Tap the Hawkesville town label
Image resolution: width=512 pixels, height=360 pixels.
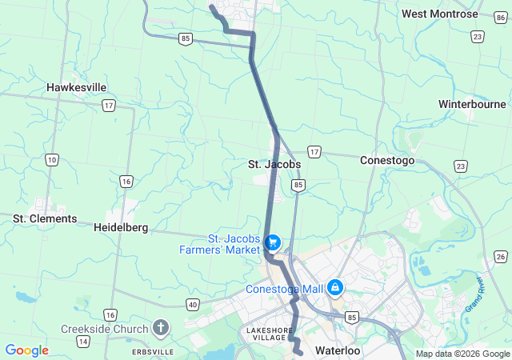click(77, 87)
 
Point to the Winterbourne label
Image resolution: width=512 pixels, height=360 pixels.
click(472, 104)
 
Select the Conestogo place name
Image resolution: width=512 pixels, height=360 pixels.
click(387, 160)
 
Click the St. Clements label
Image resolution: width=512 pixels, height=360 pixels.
click(45, 218)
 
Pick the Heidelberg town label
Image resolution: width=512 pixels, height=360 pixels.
click(121, 227)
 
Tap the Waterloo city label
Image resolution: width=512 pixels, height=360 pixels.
click(338, 350)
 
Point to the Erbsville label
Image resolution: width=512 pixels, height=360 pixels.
click(130, 351)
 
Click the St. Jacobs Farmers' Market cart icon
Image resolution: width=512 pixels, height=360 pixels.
click(273, 241)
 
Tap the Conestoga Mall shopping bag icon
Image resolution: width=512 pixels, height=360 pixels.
click(335, 286)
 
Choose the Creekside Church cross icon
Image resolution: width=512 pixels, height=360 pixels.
click(161, 327)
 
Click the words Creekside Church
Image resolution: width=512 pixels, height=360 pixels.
click(105, 329)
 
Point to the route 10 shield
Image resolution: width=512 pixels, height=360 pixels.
click(52, 161)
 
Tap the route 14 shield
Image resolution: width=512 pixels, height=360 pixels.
click(82, 342)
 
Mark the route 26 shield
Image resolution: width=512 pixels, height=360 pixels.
click(501, 256)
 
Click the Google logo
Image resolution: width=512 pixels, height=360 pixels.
click(26, 350)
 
